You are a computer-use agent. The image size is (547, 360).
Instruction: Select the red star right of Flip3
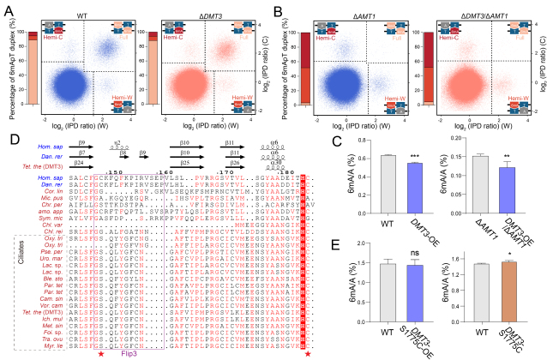click(308, 353)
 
